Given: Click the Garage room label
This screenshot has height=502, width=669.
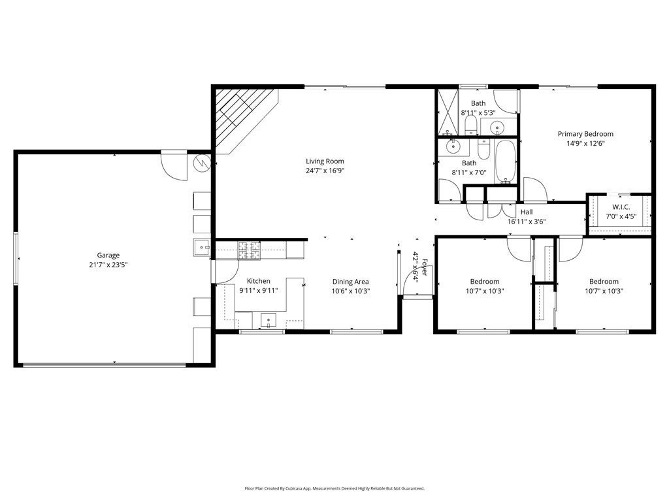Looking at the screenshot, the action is (x=108, y=256).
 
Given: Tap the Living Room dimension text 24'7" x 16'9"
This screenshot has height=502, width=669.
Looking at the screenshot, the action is (x=325, y=171).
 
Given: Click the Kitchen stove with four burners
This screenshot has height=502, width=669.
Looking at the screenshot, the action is (x=250, y=250).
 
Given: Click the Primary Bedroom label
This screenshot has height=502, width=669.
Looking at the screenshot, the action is (x=585, y=134).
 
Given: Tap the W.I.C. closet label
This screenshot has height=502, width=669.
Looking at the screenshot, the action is (x=621, y=207).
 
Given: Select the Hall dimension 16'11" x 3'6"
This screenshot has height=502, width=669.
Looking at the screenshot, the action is (x=527, y=222).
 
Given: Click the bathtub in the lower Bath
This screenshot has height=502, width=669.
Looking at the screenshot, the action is (x=506, y=161).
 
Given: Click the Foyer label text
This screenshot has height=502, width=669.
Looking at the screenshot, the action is (x=424, y=267).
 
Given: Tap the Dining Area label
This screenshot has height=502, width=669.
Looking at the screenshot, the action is (x=351, y=282).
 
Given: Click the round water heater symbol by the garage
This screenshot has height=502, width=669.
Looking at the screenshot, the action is (x=202, y=163).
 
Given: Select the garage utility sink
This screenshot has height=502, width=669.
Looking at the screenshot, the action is (x=203, y=247).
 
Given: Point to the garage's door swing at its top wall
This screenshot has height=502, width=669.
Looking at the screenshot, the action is (x=174, y=165).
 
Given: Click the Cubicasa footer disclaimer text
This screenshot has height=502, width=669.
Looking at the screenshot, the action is (x=334, y=488).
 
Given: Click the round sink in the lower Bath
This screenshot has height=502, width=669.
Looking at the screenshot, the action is (x=452, y=146).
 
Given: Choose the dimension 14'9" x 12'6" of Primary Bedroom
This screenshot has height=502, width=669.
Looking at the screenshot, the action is (x=585, y=143).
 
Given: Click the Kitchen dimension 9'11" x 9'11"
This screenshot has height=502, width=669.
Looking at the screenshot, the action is (x=259, y=291).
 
